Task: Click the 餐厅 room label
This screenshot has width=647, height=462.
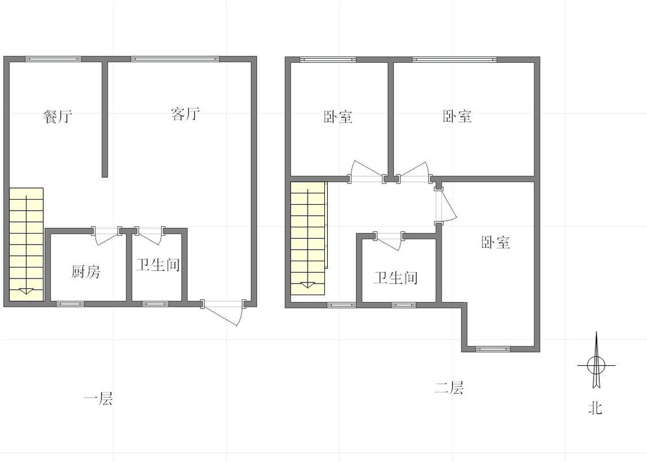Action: (58, 117)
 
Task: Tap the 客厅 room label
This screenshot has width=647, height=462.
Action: (185, 114)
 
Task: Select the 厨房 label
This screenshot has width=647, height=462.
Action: (86, 272)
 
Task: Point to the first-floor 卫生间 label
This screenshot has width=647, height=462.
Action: (158, 265)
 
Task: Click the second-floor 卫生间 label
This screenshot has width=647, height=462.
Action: (396, 278)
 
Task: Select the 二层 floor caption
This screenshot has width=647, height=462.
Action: (449, 388)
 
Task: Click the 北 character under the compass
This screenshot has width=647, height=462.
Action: (595, 408)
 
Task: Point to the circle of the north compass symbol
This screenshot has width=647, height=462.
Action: (596, 364)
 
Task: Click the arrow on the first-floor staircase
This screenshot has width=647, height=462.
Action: (26, 291)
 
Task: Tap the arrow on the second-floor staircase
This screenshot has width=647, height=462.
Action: (307, 284)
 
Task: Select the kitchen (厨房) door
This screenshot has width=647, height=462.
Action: (106, 235)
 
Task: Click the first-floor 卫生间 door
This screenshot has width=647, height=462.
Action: (150, 234)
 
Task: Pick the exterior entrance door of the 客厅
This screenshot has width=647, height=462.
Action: (224, 311)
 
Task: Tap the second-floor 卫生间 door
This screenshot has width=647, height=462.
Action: (389, 239)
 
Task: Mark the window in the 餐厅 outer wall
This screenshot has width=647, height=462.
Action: (53, 59)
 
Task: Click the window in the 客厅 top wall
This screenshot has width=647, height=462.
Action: (175, 59)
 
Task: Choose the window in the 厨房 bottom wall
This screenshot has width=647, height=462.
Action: (70, 303)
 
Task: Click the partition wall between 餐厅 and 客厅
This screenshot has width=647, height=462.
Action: (105, 118)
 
